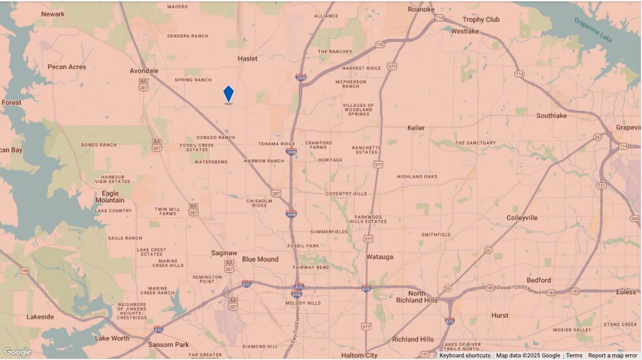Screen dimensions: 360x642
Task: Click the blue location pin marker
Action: pos(228,94)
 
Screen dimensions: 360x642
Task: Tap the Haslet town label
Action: pos(247,59)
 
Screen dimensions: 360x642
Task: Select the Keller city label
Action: pos(417,128)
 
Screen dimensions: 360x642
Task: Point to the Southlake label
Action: pos(551,115)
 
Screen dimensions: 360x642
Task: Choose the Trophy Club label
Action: pos(481,20)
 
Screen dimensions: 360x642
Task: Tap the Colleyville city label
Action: pos(522,218)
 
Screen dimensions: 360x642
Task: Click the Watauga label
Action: pos(379,257)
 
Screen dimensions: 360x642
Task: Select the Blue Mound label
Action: pos(260,259)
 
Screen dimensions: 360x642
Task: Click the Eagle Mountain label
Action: pos(110,197)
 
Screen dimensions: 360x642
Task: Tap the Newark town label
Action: pos(53,14)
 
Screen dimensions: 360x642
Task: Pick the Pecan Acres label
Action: pos(67,67)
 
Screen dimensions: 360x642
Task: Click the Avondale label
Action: pos(144,70)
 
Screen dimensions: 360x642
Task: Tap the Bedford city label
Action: pos(538,280)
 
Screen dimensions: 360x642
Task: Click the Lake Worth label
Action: pos(112,338)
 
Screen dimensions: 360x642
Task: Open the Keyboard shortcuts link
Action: pos(465,355)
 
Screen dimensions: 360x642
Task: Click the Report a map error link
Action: pos(613,355)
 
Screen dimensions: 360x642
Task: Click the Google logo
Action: pos(17,352)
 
